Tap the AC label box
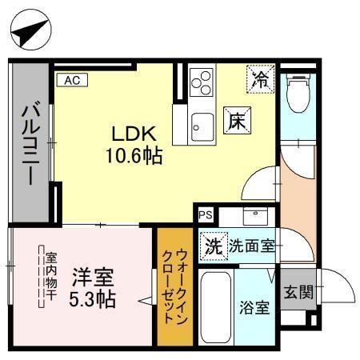coord(71,80)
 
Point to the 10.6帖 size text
coord(134,155)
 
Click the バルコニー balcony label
coord(30,143)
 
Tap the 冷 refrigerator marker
coord(260,78)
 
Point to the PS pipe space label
coord(206,214)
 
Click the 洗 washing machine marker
coord(212,246)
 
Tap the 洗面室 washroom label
coord(252,246)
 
